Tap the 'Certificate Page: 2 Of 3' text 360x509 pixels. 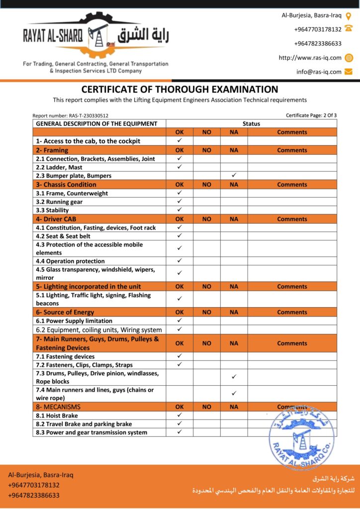(x=311, y=115)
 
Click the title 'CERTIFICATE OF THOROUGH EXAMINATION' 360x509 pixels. (x=180, y=89)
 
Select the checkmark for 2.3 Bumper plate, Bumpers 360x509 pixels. (x=234, y=175)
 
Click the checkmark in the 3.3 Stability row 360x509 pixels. (x=180, y=210)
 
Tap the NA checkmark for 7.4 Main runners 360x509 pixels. (x=234, y=393)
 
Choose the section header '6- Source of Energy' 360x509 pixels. (x=65, y=312)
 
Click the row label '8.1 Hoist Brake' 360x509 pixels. (x=57, y=416)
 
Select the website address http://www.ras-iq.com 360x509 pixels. (x=310, y=58)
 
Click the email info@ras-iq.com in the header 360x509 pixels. (x=319, y=72)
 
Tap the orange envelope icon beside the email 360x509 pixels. (x=349, y=72)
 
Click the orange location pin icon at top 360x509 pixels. (x=349, y=15)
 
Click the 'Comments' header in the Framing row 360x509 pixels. (x=292, y=150)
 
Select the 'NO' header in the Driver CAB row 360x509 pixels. (x=207, y=219)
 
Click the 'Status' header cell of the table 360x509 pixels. (x=251, y=124)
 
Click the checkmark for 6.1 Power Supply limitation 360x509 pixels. (x=180, y=321)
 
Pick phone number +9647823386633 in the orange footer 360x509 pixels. (x=34, y=495)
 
